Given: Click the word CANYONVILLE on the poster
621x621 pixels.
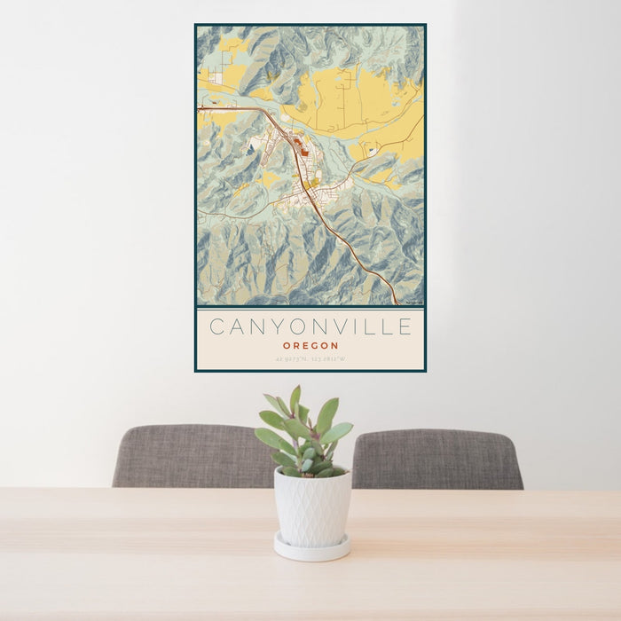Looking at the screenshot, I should point(310,327).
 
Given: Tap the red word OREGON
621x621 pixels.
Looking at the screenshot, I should point(310,345).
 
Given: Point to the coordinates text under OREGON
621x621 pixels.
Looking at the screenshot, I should point(310,359).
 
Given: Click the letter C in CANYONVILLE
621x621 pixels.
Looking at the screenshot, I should point(216,327).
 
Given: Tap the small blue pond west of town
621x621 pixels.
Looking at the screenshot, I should point(250,150).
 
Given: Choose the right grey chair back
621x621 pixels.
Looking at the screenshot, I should point(436,458).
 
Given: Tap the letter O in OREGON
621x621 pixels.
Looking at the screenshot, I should point(287,345).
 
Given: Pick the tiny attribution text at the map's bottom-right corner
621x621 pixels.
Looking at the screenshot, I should point(413,303).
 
